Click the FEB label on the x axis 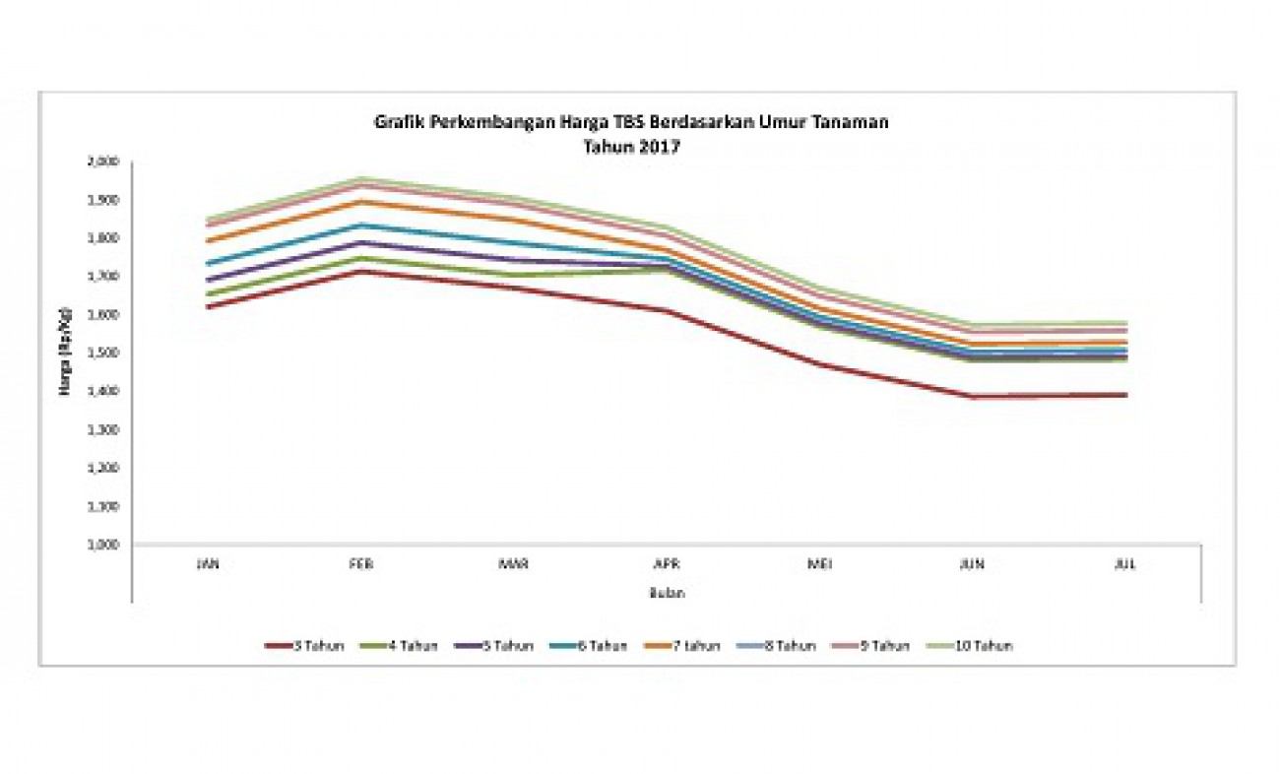[361, 564]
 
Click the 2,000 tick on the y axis [102, 161]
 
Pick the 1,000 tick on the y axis [102, 545]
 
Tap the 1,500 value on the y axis [102, 353]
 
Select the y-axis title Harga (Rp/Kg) [66, 353]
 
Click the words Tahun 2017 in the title [631, 146]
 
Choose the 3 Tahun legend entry [305, 646]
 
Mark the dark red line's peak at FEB [361, 271]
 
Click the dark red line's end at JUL [1125, 395]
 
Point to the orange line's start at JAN [209, 241]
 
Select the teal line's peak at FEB [361, 226]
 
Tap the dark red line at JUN [973, 397]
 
